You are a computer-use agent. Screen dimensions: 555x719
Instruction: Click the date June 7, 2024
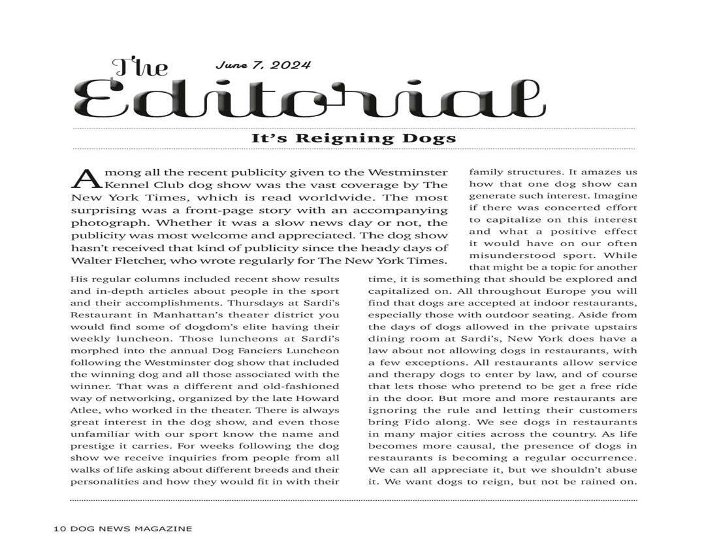[x=263, y=65]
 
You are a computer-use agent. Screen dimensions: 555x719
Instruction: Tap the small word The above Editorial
[x=140, y=67]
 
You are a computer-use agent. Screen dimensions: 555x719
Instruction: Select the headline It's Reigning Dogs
[x=353, y=138]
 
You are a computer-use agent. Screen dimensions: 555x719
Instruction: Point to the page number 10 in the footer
[x=57, y=529]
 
